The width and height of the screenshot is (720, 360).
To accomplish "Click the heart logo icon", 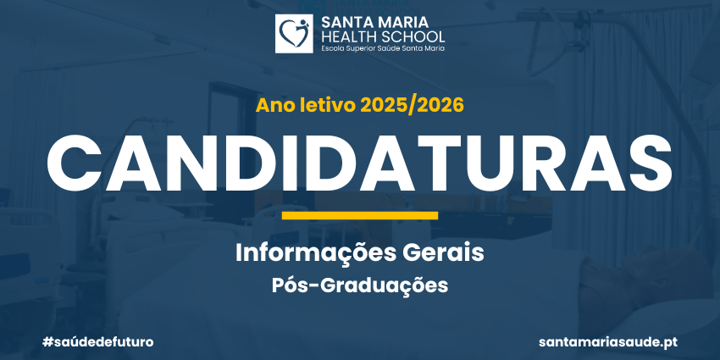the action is pos(294,34).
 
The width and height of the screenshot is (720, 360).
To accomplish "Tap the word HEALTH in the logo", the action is pos(347,36).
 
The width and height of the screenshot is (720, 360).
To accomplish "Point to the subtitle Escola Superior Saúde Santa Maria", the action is pos(383,48).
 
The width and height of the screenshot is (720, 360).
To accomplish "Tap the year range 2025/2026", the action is pos(412,106).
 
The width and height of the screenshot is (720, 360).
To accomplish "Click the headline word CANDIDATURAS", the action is pos(359,163).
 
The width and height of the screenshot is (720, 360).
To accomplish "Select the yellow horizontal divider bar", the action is pos(359,215).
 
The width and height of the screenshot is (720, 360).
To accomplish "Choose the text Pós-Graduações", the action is pos(359,285).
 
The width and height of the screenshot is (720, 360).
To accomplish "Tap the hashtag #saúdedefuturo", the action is pos(97,342).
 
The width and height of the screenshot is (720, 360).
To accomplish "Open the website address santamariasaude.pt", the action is pos(608,342).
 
